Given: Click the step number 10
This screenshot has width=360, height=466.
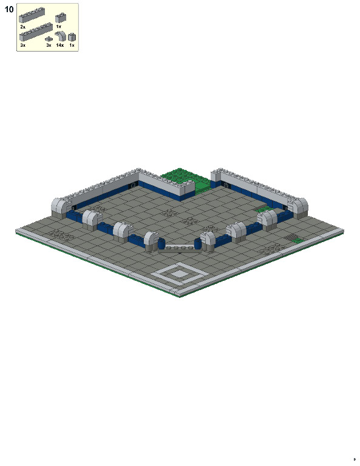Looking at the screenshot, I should pos(8,9).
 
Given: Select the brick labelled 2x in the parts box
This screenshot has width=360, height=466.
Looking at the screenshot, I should pos(32,17).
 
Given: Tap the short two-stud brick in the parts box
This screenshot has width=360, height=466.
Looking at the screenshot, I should pos(61,18).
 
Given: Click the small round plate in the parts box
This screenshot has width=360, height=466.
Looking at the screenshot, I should pos(49,39).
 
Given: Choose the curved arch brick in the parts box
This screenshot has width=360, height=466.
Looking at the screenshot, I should pos(59,36).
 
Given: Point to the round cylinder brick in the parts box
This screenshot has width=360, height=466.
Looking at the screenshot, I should pos(72,37).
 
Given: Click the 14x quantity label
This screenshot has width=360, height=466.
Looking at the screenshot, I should pos(59,46).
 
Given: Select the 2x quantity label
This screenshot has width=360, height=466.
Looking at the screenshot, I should pos(22,27).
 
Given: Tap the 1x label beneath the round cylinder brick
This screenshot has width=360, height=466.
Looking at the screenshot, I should pos(72,46).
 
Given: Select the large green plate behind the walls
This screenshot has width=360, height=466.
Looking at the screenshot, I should pos(183,177).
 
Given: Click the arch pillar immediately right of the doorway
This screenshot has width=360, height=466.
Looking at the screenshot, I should pos(208,240).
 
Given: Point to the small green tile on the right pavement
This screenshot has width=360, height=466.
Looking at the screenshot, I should pos(297,241).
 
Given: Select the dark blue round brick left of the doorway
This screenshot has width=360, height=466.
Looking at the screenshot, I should pos(161,244).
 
